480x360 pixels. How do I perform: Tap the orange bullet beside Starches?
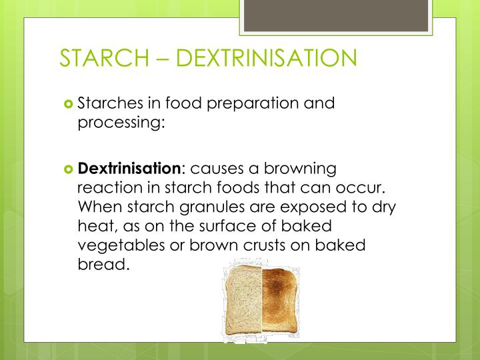point(68,104)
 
